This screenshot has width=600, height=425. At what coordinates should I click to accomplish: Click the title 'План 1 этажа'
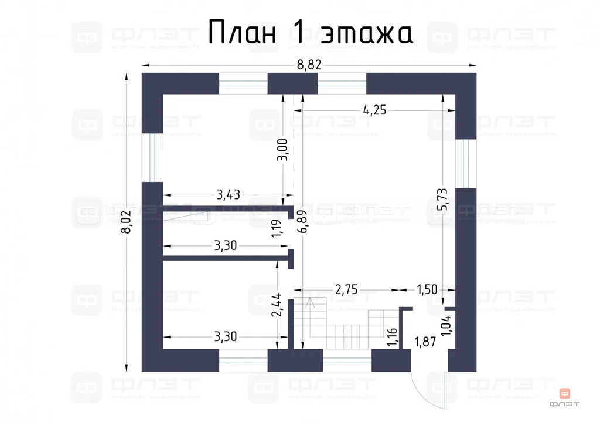click(311, 33)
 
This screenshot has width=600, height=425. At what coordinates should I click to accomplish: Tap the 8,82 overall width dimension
click(309, 65)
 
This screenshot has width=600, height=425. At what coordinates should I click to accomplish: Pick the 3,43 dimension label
click(230, 195)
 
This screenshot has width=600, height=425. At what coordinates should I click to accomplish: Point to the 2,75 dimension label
click(346, 289)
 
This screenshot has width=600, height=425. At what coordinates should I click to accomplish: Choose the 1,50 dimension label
click(426, 289)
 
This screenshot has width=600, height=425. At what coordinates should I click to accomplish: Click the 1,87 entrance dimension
click(424, 342)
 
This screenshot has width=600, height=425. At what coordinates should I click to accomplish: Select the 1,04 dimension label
click(446, 325)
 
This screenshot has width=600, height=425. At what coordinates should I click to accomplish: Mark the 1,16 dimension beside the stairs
click(391, 338)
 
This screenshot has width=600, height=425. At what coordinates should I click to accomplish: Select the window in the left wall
click(152, 157)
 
